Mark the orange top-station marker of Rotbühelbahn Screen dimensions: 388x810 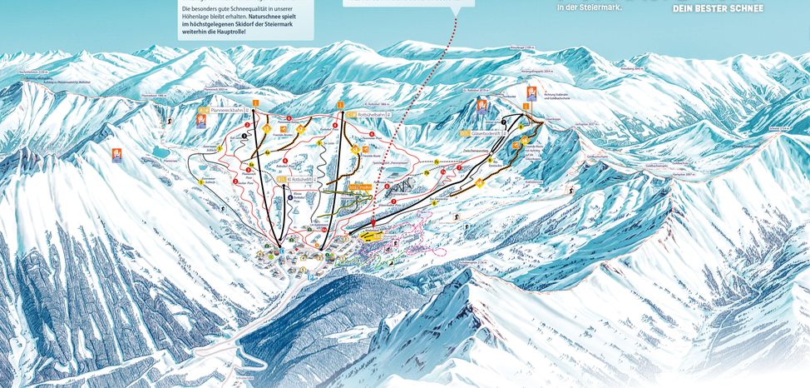tap(342, 104)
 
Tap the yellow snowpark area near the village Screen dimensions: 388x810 tap(371, 236)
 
